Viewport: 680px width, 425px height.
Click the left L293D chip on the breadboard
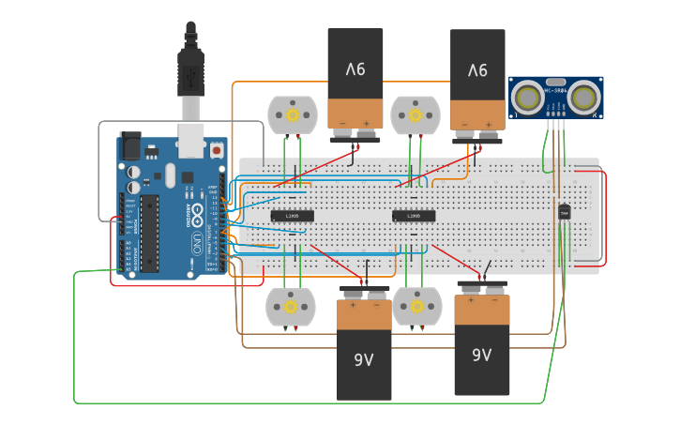pos(292,216)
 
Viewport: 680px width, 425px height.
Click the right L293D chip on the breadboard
pos(413,216)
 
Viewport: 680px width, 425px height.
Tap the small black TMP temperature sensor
pos(564,213)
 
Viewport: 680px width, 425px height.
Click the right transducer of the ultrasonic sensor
pos(584,97)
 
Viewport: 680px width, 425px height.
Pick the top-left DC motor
pos(292,115)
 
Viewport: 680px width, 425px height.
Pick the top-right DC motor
pos(414,115)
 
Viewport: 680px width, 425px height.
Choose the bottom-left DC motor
pos(291,307)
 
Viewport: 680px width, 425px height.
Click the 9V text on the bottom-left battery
pos(364,359)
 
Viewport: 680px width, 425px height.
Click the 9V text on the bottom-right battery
pos(481,355)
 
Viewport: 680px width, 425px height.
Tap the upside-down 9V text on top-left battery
pos(355,69)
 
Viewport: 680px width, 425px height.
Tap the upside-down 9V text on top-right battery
pos(477,69)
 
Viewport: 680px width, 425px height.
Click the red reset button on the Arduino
pos(217,149)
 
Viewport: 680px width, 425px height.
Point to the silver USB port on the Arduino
pos(191,140)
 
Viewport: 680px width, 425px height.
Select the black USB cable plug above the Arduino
pos(190,71)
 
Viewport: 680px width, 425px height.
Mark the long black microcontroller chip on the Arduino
pos(150,234)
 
